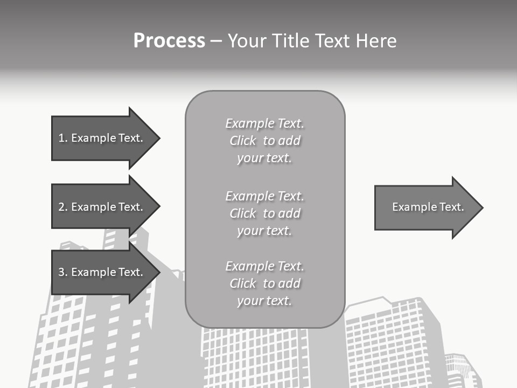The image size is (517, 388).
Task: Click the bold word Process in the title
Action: [x=169, y=41]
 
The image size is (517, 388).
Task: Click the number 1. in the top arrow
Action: [x=63, y=138]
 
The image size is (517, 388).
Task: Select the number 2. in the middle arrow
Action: [x=63, y=207]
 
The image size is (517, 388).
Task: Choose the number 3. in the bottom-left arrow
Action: [x=63, y=272]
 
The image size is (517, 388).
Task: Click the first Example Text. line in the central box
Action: [x=264, y=124]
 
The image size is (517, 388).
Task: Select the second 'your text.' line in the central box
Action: [x=264, y=231]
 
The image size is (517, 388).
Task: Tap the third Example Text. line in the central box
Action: [x=264, y=266]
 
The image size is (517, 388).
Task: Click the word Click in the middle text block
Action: [x=243, y=213]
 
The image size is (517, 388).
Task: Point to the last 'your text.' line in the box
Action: [x=264, y=301]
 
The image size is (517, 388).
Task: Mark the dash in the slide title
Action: [x=216, y=41]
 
